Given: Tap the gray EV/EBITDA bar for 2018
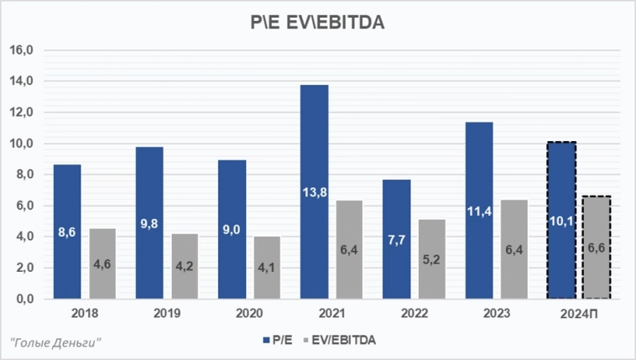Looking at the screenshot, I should (102, 263).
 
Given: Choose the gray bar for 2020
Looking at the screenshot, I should (267, 267).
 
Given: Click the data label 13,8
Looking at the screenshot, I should (315, 193).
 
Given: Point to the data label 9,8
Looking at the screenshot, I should (149, 225).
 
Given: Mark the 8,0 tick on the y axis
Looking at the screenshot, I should (23, 175).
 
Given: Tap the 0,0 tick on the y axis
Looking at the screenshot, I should (23, 299).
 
